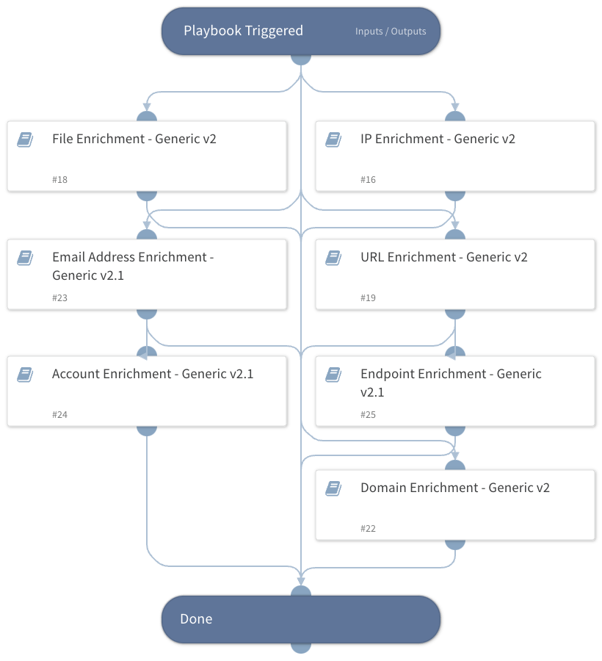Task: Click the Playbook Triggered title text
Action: (x=243, y=31)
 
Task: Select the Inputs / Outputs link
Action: (x=391, y=32)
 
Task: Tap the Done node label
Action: (x=196, y=619)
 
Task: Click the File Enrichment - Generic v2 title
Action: (x=134, y=139)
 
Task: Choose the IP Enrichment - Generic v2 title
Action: (x=438, y=139)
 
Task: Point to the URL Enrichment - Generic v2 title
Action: (x=443, y=257)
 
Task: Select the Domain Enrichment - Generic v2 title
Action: (x=454, y=488)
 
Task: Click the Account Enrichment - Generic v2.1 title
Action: (x=153, y=374)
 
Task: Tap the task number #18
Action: (x=60, y=180)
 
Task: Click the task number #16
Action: (x=369, y=180)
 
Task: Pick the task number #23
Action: (x=60, y=298)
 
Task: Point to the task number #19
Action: (x=369, y=298)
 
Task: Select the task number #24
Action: (x=60, y=415)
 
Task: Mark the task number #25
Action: (x=369, y=415)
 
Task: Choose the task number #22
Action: (x=369, y=529)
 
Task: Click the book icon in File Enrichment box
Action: (x=25, y=140)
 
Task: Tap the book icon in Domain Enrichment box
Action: (x=333, y=488)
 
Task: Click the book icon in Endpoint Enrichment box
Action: (x=333, y=375)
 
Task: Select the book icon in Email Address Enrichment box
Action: (x=25, y=258)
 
